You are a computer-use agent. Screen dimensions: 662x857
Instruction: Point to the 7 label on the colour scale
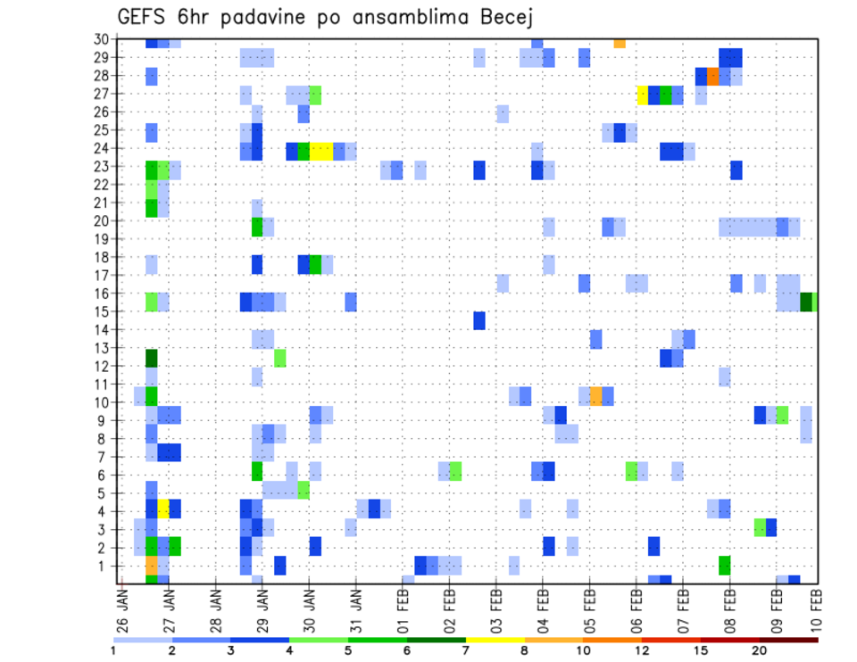click(x=465, y=650)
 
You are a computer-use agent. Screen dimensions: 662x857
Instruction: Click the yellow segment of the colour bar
click(x=495, y=639)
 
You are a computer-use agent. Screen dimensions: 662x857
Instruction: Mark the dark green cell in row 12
click(x=152, y=358)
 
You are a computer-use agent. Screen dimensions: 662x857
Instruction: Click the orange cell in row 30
click(x=620, y=42)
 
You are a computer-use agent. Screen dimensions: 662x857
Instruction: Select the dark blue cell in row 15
click(x=479, y=320)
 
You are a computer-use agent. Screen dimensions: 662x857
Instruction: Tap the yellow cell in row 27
click(x=642, y=95)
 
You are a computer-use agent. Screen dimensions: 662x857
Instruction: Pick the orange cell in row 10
click(x=596, y=395)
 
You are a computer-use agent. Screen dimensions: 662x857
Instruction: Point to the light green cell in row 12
click(x=280, y=358)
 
